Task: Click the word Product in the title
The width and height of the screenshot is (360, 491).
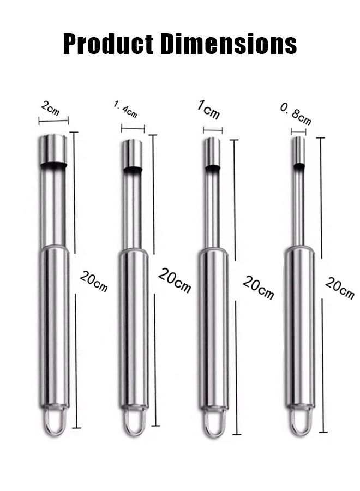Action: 109,44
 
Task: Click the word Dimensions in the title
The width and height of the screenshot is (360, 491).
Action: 228,44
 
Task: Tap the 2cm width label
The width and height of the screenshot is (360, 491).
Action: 50,109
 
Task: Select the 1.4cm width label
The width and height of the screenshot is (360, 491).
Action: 125,109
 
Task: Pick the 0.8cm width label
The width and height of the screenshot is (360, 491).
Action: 296,115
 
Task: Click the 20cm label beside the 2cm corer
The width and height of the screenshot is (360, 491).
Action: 94,281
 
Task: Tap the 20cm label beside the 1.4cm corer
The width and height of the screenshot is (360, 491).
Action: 175,280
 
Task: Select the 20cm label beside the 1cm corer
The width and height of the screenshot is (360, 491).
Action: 258,288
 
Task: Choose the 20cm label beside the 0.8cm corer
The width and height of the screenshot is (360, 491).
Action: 340,288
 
